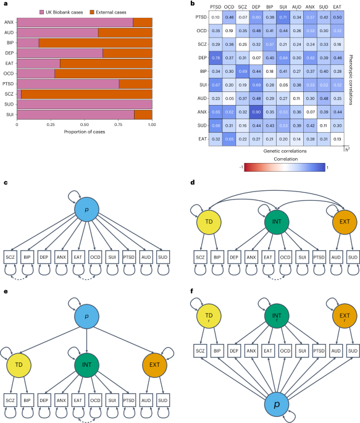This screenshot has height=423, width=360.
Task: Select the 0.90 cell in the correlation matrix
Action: (254, 111)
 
